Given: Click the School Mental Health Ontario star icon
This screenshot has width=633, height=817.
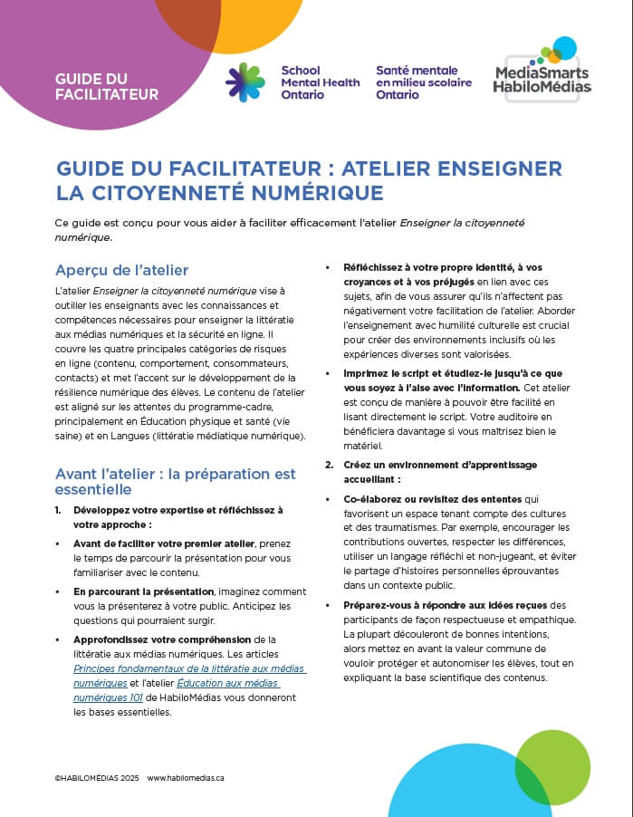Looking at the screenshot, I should (245, 82).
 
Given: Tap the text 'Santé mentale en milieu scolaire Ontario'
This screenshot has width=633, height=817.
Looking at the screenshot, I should (417, 82).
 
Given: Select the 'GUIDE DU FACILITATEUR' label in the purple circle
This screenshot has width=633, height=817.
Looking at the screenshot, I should (107, 86).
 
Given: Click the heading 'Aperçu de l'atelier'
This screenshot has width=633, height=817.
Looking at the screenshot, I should (121, 270).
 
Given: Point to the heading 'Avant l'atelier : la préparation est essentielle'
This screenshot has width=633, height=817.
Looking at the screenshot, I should (175, 481).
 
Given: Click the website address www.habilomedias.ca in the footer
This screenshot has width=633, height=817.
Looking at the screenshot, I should (185, 777).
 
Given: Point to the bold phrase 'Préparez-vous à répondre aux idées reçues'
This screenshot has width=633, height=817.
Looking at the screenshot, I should (444, 605).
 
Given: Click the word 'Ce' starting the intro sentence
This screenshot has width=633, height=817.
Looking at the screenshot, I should (62, 223).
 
